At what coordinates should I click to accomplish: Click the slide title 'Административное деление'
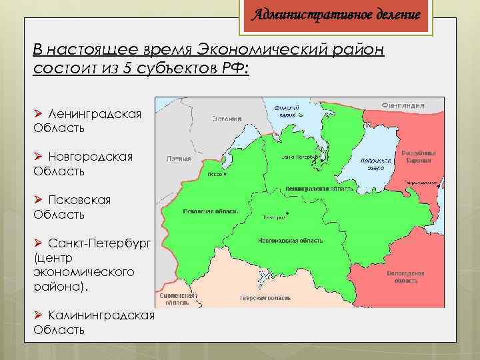335,14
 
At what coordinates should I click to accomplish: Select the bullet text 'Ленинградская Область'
87,121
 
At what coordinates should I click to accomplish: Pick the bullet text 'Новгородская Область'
83,164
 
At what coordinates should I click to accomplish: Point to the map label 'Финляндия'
413,105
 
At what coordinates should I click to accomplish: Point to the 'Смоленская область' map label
177,299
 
